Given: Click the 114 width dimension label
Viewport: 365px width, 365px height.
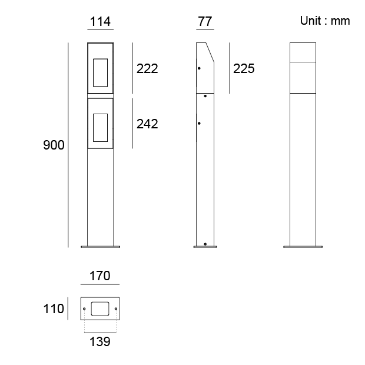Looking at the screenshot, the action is [100, 22].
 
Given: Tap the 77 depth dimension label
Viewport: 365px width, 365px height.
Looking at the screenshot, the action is [205, 22].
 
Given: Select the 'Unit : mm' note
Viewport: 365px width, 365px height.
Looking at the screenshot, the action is [325, 21].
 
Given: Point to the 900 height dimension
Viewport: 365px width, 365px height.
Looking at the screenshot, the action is [54, 145].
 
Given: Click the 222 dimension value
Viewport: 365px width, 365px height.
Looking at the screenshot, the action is [147, 69].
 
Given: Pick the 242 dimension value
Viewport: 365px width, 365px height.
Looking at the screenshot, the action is [147, 124].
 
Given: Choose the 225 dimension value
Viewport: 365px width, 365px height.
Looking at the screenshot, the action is [244, 69].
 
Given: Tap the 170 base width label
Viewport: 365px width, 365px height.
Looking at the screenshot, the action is [100, 276].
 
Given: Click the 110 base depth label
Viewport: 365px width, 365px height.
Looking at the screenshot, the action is [54, 309].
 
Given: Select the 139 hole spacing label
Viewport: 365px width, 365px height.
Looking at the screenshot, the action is [100, 341].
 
